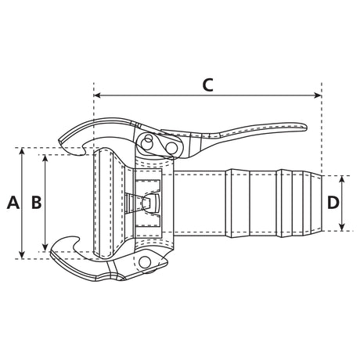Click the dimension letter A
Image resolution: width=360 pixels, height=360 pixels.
click(13, 203)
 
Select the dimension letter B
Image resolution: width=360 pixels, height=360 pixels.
click(36, 203)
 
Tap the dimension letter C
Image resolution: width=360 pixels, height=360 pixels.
click(208, 85)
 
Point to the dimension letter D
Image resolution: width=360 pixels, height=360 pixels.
click(333, 203)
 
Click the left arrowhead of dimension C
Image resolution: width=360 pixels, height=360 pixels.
click(97, 95)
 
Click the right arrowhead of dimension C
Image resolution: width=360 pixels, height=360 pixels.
click(318, 95)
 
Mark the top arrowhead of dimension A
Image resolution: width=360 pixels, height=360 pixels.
click(22, 151)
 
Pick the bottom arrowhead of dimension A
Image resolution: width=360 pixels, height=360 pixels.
click(22, 255)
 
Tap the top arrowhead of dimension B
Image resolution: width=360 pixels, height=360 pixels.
click(45, 158)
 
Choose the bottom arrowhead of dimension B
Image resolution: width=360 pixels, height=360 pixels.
click(45, 248)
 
